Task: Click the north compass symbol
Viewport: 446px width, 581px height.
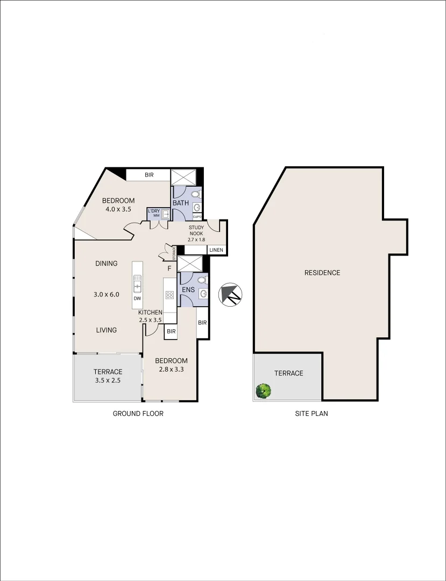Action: click(231, 294)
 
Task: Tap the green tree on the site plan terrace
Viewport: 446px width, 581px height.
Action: click(263, 391)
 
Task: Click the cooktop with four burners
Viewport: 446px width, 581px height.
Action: click(169, 295)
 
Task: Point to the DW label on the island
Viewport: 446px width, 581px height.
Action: click(138, 298)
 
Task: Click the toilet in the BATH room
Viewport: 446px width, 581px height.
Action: click(196, 194)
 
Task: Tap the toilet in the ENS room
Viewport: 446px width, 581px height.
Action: click(201, 280)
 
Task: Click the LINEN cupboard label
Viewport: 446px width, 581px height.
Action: click(216, 250)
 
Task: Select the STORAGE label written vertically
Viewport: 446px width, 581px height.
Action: click(174, 251)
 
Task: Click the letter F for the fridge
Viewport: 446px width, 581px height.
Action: click(169, 268)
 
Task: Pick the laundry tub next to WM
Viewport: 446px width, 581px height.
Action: click(166, 214)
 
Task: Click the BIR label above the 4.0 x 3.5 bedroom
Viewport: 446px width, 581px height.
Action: click(149, 175)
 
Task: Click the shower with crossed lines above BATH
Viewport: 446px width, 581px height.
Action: click(183, 176)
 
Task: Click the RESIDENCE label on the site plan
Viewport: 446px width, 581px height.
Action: click(322, 273)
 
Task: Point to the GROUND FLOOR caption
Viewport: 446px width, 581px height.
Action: click(138, 414)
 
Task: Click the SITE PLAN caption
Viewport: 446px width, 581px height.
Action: click(312, 414)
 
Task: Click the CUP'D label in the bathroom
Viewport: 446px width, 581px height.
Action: click(197, 216)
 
